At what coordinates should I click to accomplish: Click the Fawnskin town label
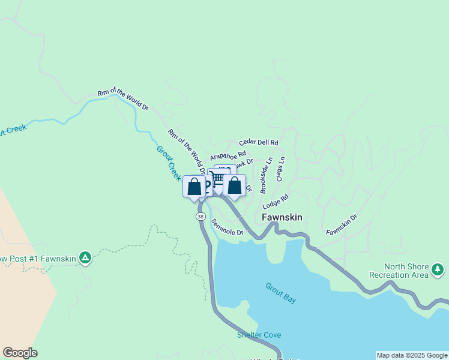282,217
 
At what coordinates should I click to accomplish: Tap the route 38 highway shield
200,217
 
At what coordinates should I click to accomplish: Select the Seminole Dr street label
228,227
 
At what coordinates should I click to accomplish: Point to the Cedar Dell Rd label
259,143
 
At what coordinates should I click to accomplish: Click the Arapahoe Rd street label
228,155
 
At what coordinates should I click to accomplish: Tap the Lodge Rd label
276,201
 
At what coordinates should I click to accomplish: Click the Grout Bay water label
281,293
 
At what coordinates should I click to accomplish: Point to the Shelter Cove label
259,335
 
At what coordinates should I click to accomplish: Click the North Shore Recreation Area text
408,271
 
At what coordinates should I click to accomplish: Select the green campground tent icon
85,258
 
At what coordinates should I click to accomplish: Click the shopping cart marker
218,178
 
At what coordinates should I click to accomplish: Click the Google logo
20,353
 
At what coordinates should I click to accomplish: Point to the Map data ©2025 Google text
412,355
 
